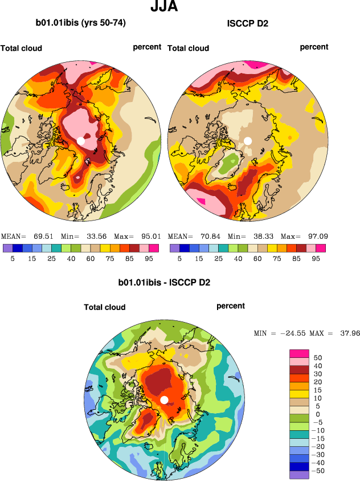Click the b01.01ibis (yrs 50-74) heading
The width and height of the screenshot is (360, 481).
coord(81,23)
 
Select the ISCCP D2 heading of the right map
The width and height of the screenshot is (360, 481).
coord(247,23)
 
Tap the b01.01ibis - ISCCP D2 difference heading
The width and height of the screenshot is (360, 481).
coord(164,282)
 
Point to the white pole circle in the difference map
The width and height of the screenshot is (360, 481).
coord(164,400)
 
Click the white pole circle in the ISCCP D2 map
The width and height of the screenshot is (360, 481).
coord(247,140)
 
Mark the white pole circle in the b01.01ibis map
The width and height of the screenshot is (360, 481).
coord(81,140)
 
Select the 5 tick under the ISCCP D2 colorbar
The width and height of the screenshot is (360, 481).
coord(179,257)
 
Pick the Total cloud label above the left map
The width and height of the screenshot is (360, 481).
coord(21,48)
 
